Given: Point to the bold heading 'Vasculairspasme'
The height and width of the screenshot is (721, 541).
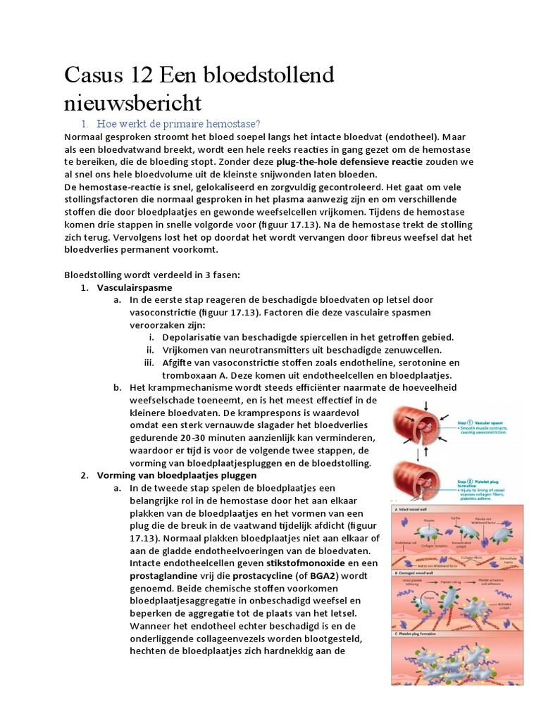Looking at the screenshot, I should point(134,287).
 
